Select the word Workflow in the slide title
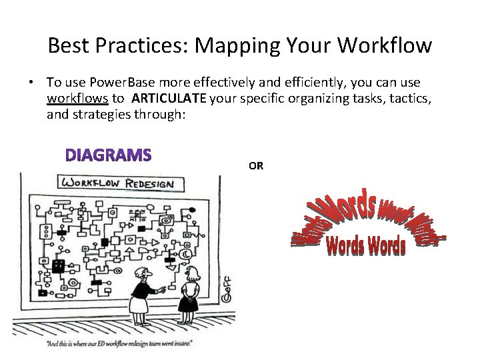(385, 45)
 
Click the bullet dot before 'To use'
(31, 83)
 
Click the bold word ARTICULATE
(169, 99)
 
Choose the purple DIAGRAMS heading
(109, 155)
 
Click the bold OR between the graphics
(256, 166)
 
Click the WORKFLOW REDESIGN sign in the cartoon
(117, 183)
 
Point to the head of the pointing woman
(143, 274)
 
